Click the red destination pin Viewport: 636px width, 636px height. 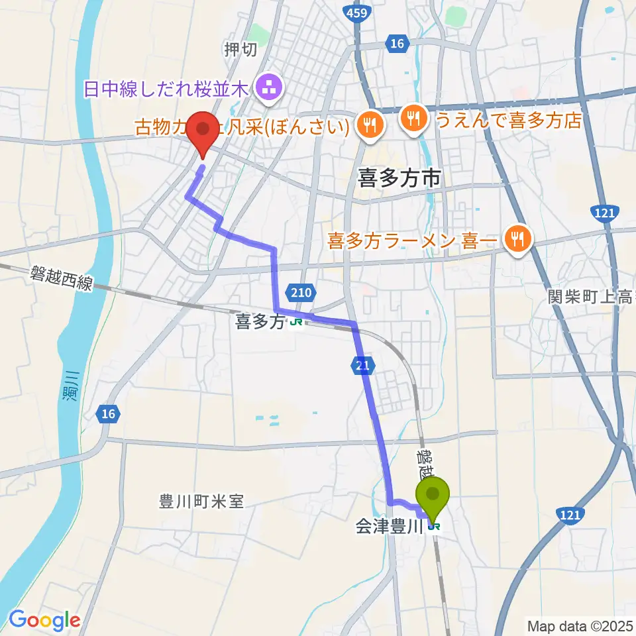pyautogui.click(x=203, y=131)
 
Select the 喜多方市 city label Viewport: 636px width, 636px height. pyautogui.click(x=399, y=178)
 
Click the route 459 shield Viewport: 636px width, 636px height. pyautogui.click(x=357, y=11)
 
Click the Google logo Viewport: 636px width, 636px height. pyautogui.click(x=44, y=620)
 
